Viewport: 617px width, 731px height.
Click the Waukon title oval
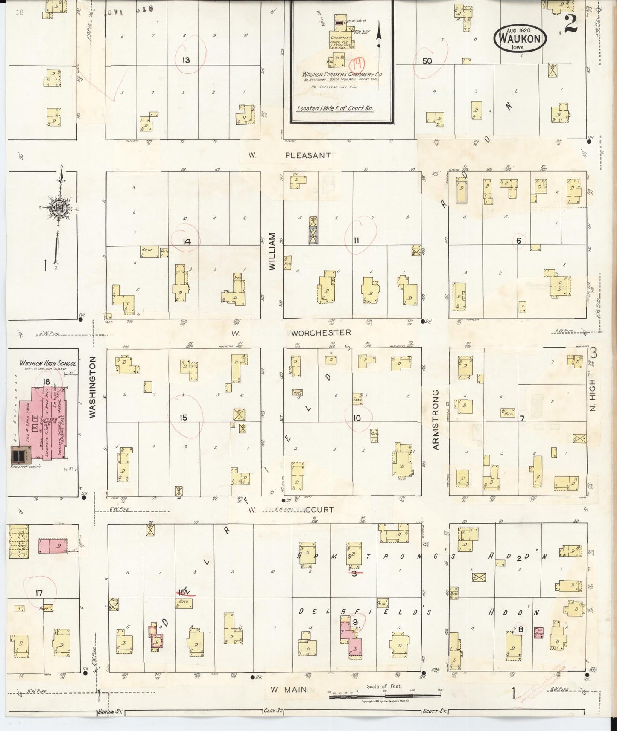(x=520, y=38)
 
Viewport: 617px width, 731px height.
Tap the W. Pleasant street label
(x=290, y=155)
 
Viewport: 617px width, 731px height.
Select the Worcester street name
(x=321, y=332)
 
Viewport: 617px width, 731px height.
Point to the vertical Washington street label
(x=93, y=387)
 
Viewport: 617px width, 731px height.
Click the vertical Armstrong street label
(x=436, y=419)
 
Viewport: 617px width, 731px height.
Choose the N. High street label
(x=593, y=395)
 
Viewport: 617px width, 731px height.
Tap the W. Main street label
(x=289, y=689)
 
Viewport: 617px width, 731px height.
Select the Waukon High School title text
(x=48, y=363)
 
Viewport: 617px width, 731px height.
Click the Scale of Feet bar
(x=384, y=696)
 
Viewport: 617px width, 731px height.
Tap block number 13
(x=186, y=60)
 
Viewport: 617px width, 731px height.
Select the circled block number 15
(x=183, y=417)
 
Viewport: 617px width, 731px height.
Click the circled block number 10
(x=357, y=418)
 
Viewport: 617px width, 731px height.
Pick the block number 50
(x=427, y=61)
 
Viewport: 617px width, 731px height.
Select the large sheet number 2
(x=570, y=25)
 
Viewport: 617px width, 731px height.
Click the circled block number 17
(x=39, y=592)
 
